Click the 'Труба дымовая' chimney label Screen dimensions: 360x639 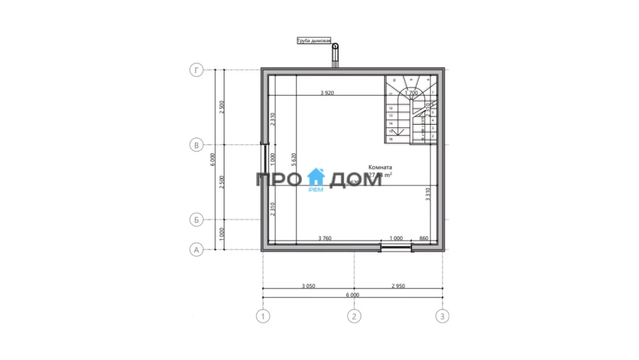coord(314,41)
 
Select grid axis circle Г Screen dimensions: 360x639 coord(197,70)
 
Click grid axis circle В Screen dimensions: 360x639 coord(197,145)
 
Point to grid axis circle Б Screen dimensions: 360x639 coord(197,220)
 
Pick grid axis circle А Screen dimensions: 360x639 coord(197,250)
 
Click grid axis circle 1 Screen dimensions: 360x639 coord(262,315)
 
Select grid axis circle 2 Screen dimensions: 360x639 coord(353,315)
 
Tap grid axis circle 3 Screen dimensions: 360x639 coord(442,315)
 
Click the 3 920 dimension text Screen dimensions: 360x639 coord(327,93)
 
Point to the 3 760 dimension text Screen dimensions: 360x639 coord(325,239)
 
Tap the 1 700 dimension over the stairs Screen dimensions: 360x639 coord(412,93)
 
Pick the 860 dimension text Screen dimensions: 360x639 coord(424,239)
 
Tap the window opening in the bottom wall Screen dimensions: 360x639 coord(396,246)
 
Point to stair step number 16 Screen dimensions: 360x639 coord(390,138)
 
